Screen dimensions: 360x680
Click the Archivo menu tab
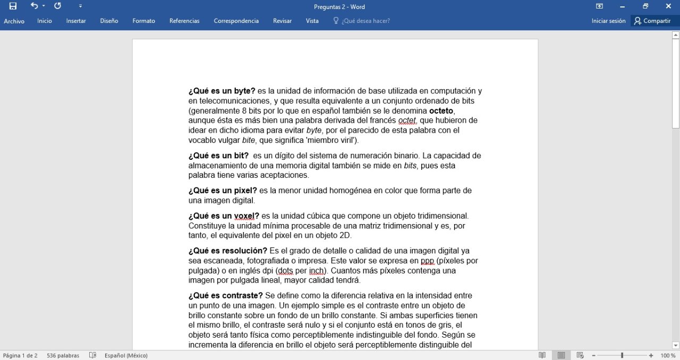coord(14,21)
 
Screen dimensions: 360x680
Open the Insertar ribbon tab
coord(76,21)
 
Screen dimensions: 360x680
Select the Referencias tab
coord(184,21)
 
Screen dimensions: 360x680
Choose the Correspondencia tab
coord(236,21)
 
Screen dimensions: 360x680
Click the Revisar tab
coord(282,21)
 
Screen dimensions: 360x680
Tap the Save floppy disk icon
coord(13,6)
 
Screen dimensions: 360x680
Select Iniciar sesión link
coord(608,21)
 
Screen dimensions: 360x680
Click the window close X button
coord(668,6)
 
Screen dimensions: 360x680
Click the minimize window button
coord(622,6)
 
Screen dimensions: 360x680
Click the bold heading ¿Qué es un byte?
coord(222,91)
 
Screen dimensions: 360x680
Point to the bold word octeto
coord(441,110)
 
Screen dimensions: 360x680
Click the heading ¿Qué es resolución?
coord(227,251)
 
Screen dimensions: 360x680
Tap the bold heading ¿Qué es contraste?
coord(225,295)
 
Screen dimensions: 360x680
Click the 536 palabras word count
coord(63,355)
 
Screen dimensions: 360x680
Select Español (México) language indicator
coord(126,355)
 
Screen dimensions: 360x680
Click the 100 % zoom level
coord(668,355)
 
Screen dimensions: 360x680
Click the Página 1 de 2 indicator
coord(20,355)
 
